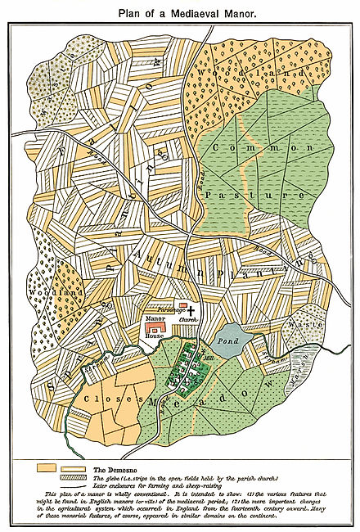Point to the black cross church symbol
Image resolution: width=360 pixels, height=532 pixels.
193,312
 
